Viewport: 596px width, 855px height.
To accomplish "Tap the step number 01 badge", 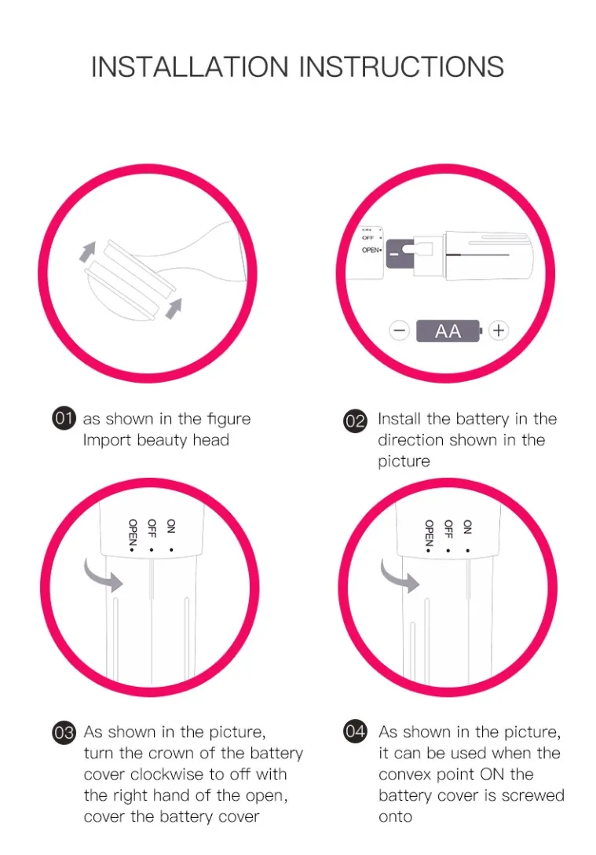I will [x=64, y=420].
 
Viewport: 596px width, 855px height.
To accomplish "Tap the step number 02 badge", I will [x=355, y=420].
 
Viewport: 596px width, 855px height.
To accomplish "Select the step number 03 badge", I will [x=64, y=733].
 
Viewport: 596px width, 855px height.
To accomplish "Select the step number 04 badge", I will [x=355, y=732].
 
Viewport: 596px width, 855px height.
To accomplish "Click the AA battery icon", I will [x=449, y=331].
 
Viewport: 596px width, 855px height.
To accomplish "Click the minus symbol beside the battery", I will [x=400, y=331].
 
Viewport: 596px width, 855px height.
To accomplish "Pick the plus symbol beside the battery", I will [x=498, y=330].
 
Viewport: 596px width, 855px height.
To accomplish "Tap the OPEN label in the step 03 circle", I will [x=133, y=534].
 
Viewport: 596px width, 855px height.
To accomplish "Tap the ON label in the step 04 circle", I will [x=466, y=527].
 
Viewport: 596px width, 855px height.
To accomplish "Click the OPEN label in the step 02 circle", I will [x=370, y=250].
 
